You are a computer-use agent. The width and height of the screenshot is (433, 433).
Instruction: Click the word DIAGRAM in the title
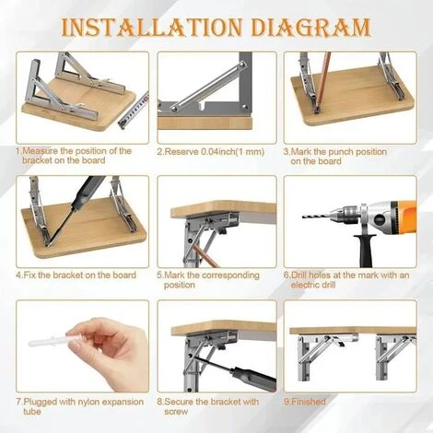click(310, 27)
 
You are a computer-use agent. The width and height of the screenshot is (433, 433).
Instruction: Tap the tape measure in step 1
click(134, 111)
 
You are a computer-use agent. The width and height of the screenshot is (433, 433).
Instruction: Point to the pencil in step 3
click(323, 82)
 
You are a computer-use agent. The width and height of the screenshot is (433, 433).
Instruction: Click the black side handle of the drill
click(365, 251)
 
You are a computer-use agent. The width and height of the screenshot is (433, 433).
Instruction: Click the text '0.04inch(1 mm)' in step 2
click(232, 152)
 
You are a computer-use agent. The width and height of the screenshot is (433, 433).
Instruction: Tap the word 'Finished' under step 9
click(309, 402)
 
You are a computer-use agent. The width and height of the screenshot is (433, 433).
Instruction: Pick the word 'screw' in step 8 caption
click(176, 412)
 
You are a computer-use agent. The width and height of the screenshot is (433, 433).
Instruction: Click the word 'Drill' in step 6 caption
click(298, 275)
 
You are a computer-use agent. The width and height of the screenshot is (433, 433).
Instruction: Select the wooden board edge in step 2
click(205, 123)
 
